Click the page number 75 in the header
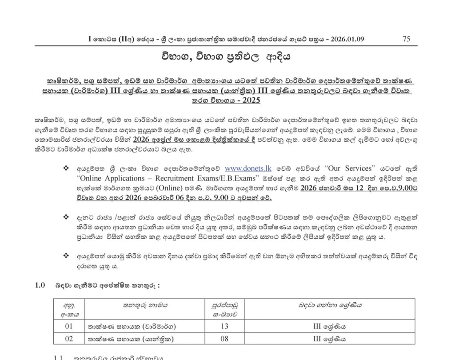406,39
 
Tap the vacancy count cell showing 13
224,327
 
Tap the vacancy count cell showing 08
224,339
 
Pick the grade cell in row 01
329,327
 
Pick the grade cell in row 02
329,339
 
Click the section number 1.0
40,285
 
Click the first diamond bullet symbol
67,169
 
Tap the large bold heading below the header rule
227,58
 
